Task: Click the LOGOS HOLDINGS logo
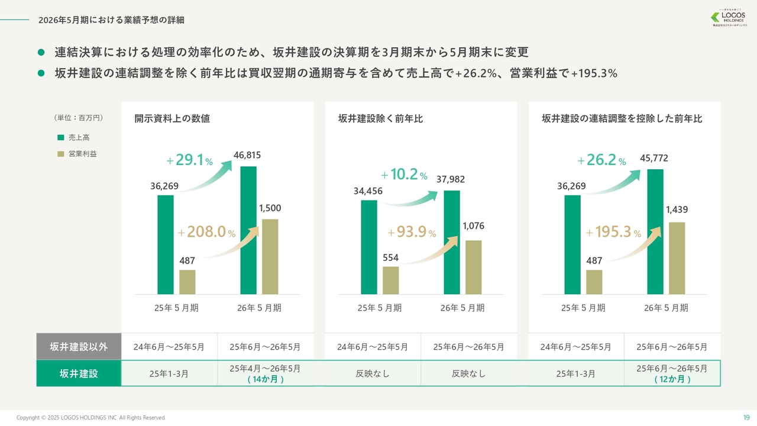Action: pyautogui.click(x=729, y=18)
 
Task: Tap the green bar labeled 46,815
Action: pyautogui.click(x=248, y=230)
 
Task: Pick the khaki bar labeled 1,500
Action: pyautogui.click(x=270, y=257)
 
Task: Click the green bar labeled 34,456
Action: pyautogui.click(x=369, y=247)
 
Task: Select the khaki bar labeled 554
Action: pyautogui.click(x=391, y=280)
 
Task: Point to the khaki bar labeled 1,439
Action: pyautogui.click(x=677, y=258)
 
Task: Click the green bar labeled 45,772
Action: pyautogui.click(x=655, y=232)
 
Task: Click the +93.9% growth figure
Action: pyautogui.click(x=412, y=233)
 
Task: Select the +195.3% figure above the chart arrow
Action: pyautogui.click(x=613, y=233)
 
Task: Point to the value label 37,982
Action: pyautogui.click(x=450, y=179)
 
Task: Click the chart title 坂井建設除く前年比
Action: pyautogui.click(x=380, y=119)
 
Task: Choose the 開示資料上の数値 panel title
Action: pyautogui.click(x=172, y=119)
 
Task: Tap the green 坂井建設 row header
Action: pyautogui.click(x=79, y=373)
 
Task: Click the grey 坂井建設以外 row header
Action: pyautogui.click(x=79, y=347)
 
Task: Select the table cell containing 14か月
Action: pyautogui.click(x=265, y=373)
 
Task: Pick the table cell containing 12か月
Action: pyautogui.click(x=672, y=373)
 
